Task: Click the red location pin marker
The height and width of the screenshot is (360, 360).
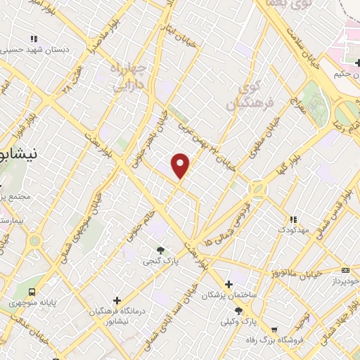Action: (x=181, y=165)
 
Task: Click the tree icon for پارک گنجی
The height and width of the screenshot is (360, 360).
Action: (x=161, y=250)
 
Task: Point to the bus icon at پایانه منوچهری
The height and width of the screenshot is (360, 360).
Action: (x=31, y=292)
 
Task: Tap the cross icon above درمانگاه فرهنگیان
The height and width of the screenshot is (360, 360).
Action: (x=117, y=300)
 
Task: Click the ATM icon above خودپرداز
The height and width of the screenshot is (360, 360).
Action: (x=345, y=269)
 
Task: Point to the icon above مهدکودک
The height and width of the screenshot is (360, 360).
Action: (x=293, y=219)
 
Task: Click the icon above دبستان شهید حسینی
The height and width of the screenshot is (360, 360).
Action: (x=32, y=39)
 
